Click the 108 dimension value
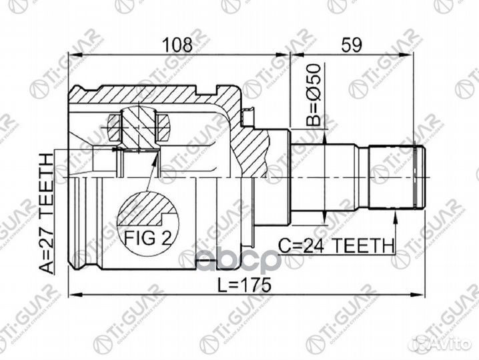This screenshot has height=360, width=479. tap(177, 45)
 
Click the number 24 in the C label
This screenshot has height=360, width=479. tap(311, 245)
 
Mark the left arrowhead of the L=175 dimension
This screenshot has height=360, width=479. tap(73, 294)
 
